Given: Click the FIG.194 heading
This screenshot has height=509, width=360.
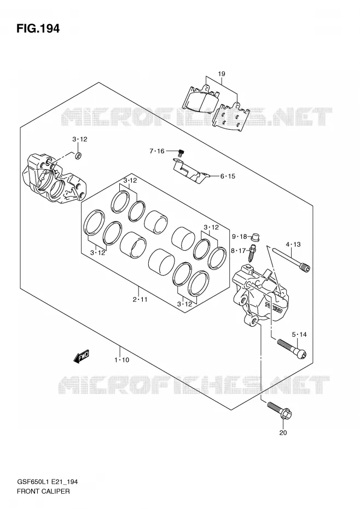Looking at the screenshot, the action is pyautogui.click(x=38, y=28).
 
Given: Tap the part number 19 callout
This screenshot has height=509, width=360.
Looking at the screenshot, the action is pyautogui.click(x=222, y=74).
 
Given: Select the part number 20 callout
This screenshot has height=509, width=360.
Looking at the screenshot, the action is pyautogui.click(x=283, y=432).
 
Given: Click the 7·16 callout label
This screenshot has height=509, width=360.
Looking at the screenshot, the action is pyautogui.click(x=157, y=151).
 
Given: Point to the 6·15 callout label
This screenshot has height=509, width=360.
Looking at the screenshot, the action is pyautogui.click(x=228, y=176).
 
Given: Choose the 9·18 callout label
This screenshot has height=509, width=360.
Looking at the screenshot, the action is pyautogui.click(x=240, y=236).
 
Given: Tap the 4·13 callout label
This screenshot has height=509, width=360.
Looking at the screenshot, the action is pyautogui.click(x=293, y=245).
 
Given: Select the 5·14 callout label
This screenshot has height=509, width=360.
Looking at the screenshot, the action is pyautogui.click(x=299, y=334).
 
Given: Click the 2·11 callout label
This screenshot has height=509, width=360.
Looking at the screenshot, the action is pyautogui.click(x=140, y=299).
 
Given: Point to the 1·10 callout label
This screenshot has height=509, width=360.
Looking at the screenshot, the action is pyautogui.click(x=121, y=360).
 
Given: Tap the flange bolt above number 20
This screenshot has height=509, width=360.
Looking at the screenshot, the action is pyautogui.click(x=280, y=410).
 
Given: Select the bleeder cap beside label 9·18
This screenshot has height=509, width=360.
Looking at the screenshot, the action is pyautogui.click(x=256, y=237).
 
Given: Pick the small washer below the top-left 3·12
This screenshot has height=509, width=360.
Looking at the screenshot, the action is pyautogui.click(x=78, y=156).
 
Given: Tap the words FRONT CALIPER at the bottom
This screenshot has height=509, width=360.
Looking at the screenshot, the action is pyautogui.click(x=43, y=491).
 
